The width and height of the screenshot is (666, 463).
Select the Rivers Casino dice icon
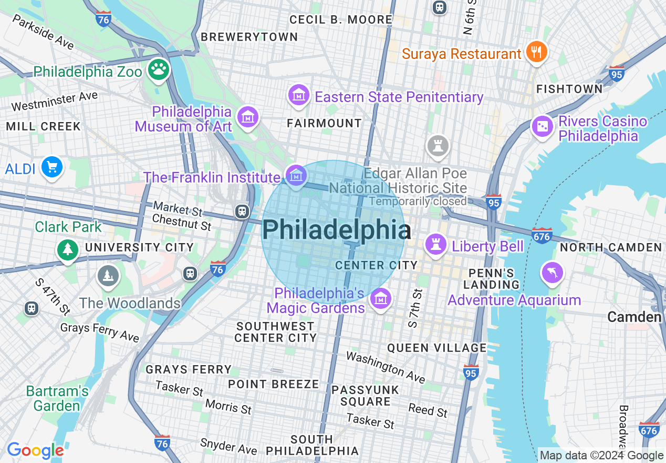point(542,127)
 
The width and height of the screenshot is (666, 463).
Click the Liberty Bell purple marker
point(435,245)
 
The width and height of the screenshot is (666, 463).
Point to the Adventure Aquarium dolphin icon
point(552,273)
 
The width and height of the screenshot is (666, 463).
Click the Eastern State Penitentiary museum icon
point(298,95)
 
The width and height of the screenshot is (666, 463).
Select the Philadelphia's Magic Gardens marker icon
point(380,299)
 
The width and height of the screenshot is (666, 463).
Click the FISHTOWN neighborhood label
point(569,89)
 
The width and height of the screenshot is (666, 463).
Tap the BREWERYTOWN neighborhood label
point(249,37)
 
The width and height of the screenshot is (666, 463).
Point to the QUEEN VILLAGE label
point(437,348)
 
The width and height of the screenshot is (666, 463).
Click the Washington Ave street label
point(386,367)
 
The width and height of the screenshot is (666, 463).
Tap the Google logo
point(35,450)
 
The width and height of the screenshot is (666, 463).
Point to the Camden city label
point(634,317)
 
